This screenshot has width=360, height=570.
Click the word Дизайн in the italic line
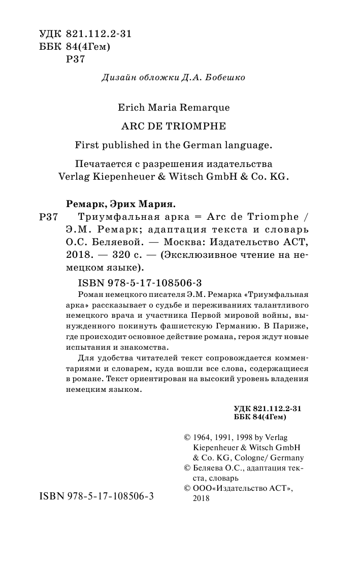click(117, 78)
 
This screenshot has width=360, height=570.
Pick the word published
click(125, 145)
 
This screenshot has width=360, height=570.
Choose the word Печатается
click(101, 164)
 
